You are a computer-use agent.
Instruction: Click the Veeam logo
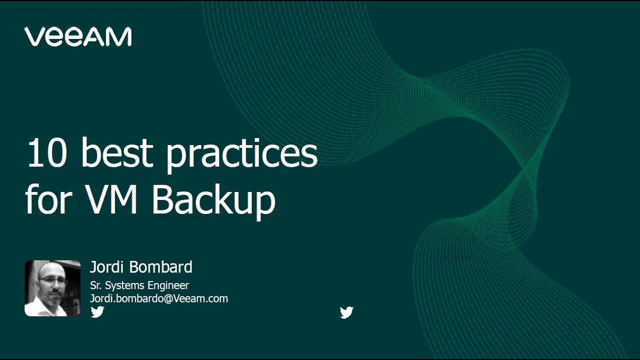click(78, 37)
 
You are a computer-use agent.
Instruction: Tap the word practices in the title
click(242, 154)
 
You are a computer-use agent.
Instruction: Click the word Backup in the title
click(213, 200)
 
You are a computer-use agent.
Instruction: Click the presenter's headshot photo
click(52, 288)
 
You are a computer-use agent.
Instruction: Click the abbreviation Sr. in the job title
click(95, 285)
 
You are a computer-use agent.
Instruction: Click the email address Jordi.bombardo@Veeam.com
click(159, 298)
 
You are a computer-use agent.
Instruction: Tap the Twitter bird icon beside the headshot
click(97, 312)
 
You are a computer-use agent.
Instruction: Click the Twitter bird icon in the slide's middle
click(346, 312)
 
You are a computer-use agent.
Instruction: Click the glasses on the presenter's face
click(52, 281)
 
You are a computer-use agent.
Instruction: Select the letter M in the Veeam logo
click(120, 37)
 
